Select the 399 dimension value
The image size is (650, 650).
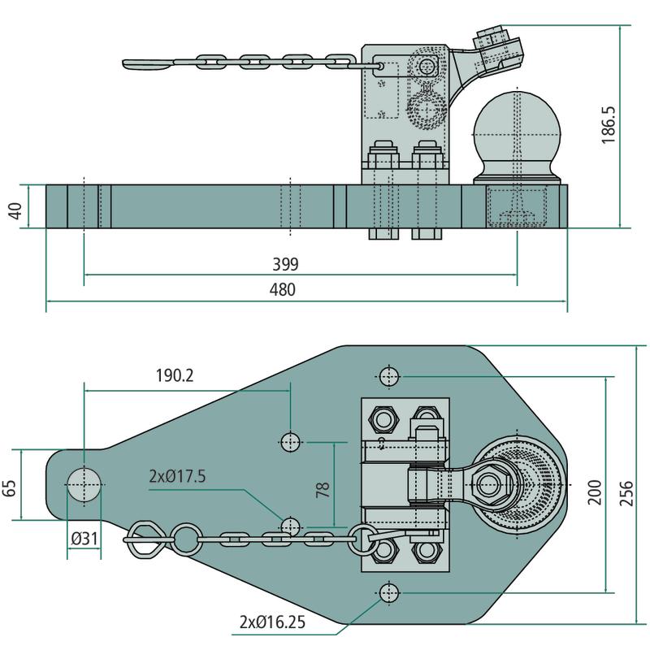(x=287, y=264)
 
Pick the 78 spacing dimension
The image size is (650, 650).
(x=323, y=489)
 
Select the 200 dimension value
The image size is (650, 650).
(x=594, y=493)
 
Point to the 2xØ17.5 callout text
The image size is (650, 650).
(x=177, y=475)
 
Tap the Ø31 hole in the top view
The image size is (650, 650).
(x=84, y=485)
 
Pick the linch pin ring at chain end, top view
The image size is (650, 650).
(x=149, y=537)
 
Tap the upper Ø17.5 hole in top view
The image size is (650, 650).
(x=291, y=442)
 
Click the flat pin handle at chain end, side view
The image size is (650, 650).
(x=150, y=63)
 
